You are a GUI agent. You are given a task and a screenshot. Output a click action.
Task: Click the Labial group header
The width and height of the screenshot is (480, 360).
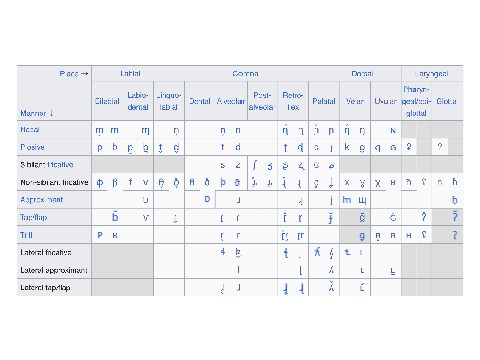[131, 74]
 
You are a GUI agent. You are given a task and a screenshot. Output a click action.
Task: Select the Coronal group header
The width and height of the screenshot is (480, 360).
[247, 74]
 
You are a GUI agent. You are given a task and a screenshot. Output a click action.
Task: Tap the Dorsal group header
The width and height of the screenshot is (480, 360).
[361, 74]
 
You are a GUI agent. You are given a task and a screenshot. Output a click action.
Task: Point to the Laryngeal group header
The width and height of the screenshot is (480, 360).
[432, 74]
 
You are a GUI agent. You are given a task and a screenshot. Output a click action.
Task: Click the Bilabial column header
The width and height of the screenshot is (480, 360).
[107, 101]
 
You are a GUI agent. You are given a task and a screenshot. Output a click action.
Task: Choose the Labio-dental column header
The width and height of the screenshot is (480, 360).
[139, 101]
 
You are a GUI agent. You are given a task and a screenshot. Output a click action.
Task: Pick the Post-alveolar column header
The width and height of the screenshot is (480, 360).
[263, 101]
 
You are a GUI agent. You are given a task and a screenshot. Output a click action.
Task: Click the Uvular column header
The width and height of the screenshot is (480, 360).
[385, 101]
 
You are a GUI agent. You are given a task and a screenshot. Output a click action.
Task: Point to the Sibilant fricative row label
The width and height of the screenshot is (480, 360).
[46, 164]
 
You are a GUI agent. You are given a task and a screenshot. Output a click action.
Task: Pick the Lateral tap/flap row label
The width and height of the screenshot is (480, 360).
[48, 288]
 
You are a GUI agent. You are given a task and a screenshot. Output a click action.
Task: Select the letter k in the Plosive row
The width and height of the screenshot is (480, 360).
[346, 146]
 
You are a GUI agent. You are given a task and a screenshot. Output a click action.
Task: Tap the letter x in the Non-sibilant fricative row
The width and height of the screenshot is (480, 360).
[346, 182]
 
